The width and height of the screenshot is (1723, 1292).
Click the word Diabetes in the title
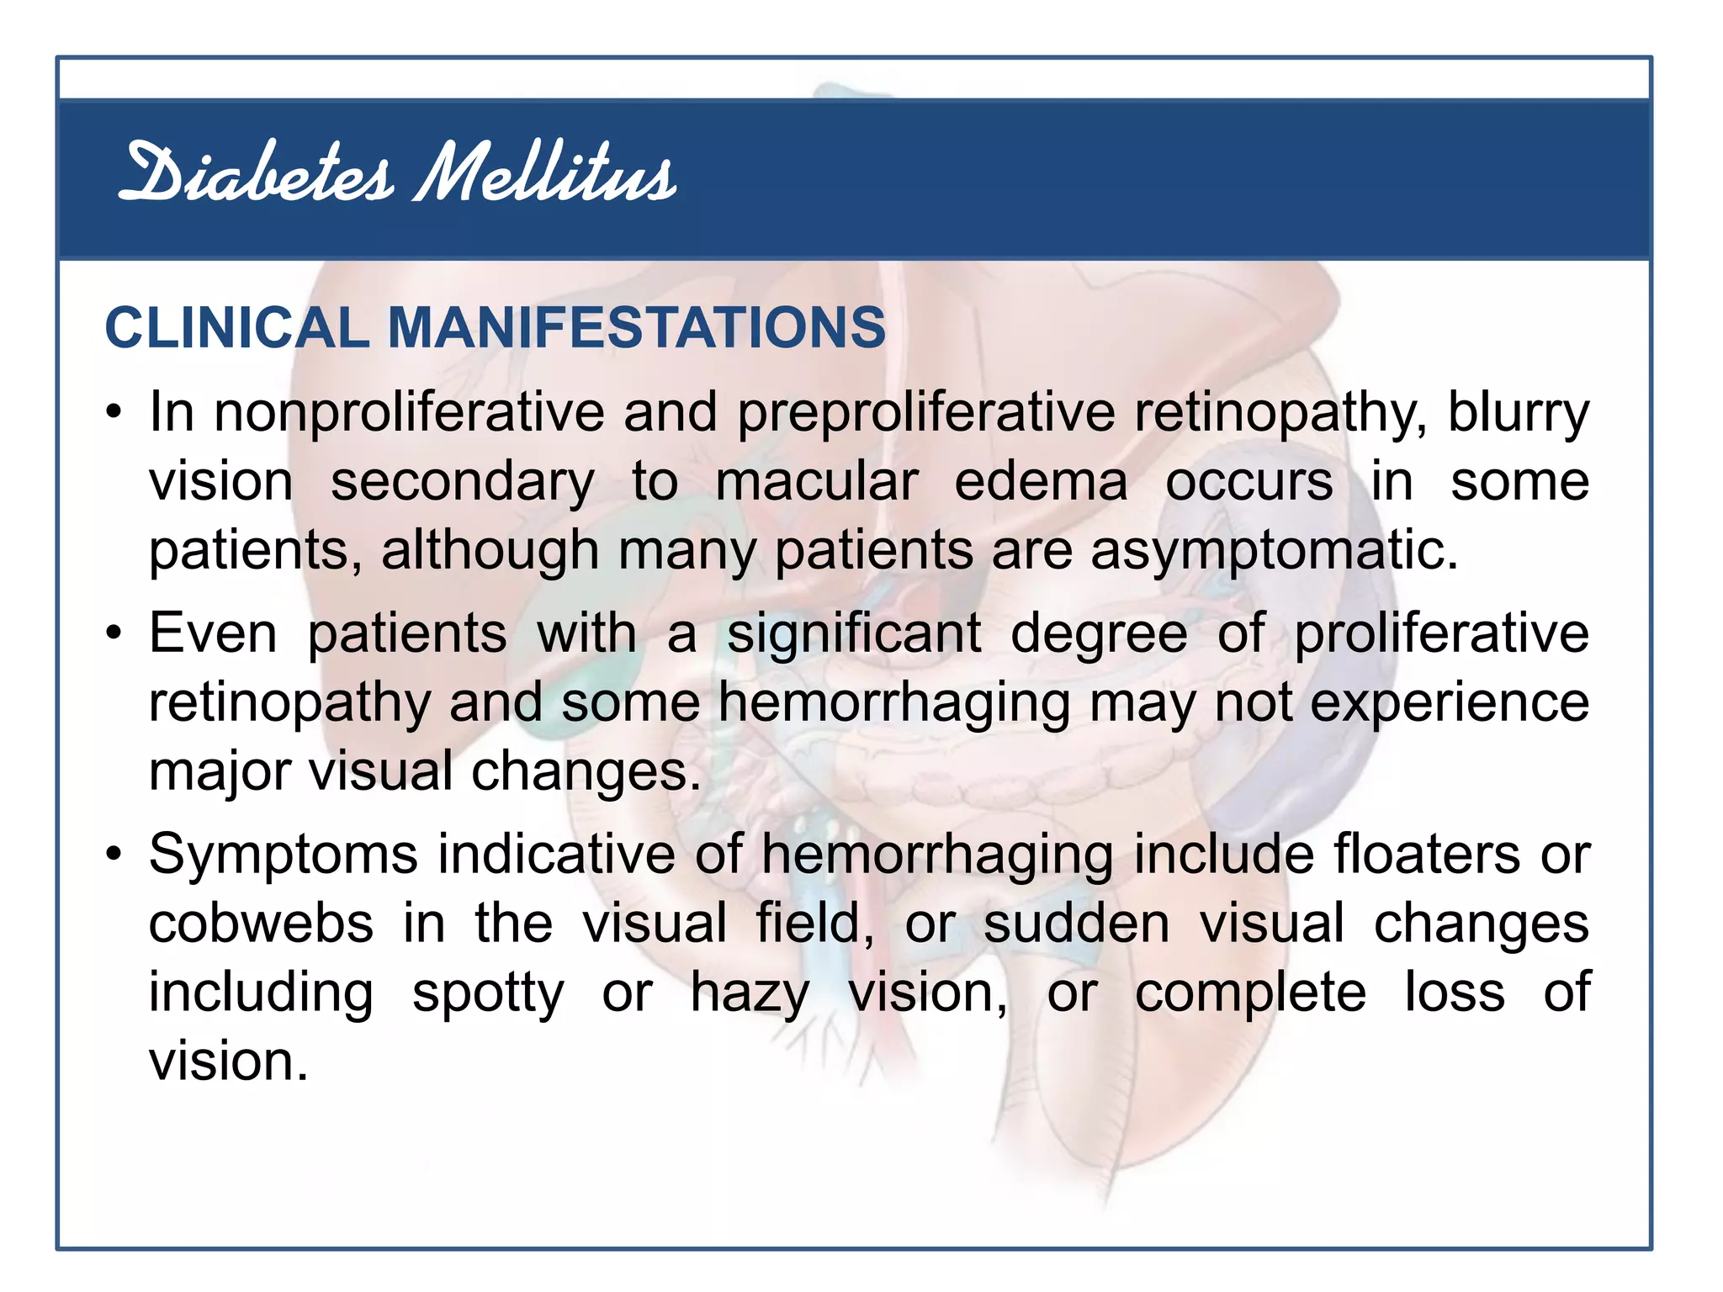click(257, 174)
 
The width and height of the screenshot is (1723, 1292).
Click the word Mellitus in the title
click(545, 174)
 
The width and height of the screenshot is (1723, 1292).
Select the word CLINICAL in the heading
click(236, 327)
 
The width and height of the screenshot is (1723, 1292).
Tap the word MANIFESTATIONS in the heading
click(636, 327)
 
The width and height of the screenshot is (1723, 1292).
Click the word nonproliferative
click(409, 413)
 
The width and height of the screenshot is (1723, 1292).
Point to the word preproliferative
click(925, 413)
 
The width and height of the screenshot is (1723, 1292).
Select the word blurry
click(1518, 413)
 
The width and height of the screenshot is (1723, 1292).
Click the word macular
click(816, 482)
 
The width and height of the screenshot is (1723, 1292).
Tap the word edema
click(1041, 482)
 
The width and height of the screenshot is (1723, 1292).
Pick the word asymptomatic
click(1274, 551)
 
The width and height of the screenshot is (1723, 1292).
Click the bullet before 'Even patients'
click(114, 633)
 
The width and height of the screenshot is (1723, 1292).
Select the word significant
click(853, 633)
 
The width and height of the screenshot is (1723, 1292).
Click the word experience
click(1450, 703)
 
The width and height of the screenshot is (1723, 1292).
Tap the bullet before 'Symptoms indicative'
click(114, 855)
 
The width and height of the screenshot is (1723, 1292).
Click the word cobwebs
click(261, 924)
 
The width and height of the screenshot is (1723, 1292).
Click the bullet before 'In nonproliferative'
click(114, 413)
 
